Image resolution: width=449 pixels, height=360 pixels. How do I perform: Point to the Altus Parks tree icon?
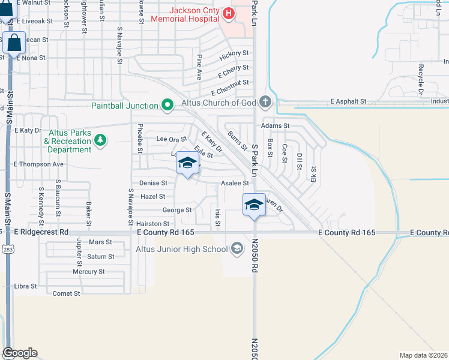pos(101,141)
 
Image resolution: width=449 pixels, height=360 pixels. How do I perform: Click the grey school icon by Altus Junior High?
pos(237,248)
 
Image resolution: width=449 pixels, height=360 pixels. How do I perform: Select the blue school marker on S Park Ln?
pos(254,204)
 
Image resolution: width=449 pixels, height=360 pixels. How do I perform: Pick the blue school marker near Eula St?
pos(187,162)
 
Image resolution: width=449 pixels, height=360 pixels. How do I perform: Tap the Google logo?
pos(20,353)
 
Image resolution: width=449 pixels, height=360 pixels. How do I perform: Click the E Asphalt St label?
pos(348,102)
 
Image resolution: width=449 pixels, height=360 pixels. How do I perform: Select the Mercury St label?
pos(89,272)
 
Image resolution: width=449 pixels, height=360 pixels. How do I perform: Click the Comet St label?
pos(66,293)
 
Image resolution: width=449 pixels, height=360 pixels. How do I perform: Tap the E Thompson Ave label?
pos(38,164)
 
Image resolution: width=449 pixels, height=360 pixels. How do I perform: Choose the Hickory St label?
pos(234,54)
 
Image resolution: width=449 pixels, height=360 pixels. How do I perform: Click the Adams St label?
pos(275,126)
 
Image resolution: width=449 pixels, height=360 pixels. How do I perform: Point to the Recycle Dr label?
pos(421,77)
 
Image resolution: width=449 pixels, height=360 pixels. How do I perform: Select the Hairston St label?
pos(157,223)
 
